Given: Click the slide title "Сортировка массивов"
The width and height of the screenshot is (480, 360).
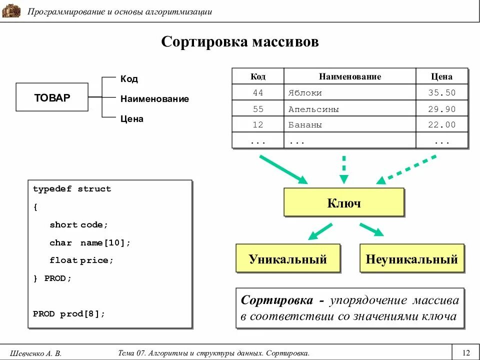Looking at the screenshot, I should click(240, 41).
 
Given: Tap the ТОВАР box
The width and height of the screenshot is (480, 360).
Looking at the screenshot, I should click(52, 97).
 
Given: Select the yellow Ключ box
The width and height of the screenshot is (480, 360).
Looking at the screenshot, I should click(343, 203).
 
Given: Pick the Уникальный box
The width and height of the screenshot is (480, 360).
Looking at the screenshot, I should click(287, 259).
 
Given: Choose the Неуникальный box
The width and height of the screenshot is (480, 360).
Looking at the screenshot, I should click(411, 259).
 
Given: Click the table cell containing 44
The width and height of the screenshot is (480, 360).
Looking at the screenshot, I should click(258, 93).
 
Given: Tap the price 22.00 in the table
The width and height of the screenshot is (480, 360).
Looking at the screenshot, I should click(441, 125).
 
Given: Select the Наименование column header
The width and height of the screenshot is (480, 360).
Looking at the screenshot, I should click(350, 76).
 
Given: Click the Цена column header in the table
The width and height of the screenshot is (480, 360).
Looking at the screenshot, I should click(441, 76).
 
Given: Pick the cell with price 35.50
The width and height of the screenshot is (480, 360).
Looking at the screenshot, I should click(441, 93).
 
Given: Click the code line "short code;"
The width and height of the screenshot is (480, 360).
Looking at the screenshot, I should click(78, 225).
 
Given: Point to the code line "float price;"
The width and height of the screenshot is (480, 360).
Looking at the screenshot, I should click(81, 260).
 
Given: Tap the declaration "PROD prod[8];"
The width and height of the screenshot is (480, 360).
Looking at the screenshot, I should click(69, 314).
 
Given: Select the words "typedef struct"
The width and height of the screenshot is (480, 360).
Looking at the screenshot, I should click(72, 189).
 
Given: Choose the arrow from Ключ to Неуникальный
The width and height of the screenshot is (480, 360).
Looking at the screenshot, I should click(371, 229).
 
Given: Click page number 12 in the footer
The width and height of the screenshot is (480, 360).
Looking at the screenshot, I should click(466, 353).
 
